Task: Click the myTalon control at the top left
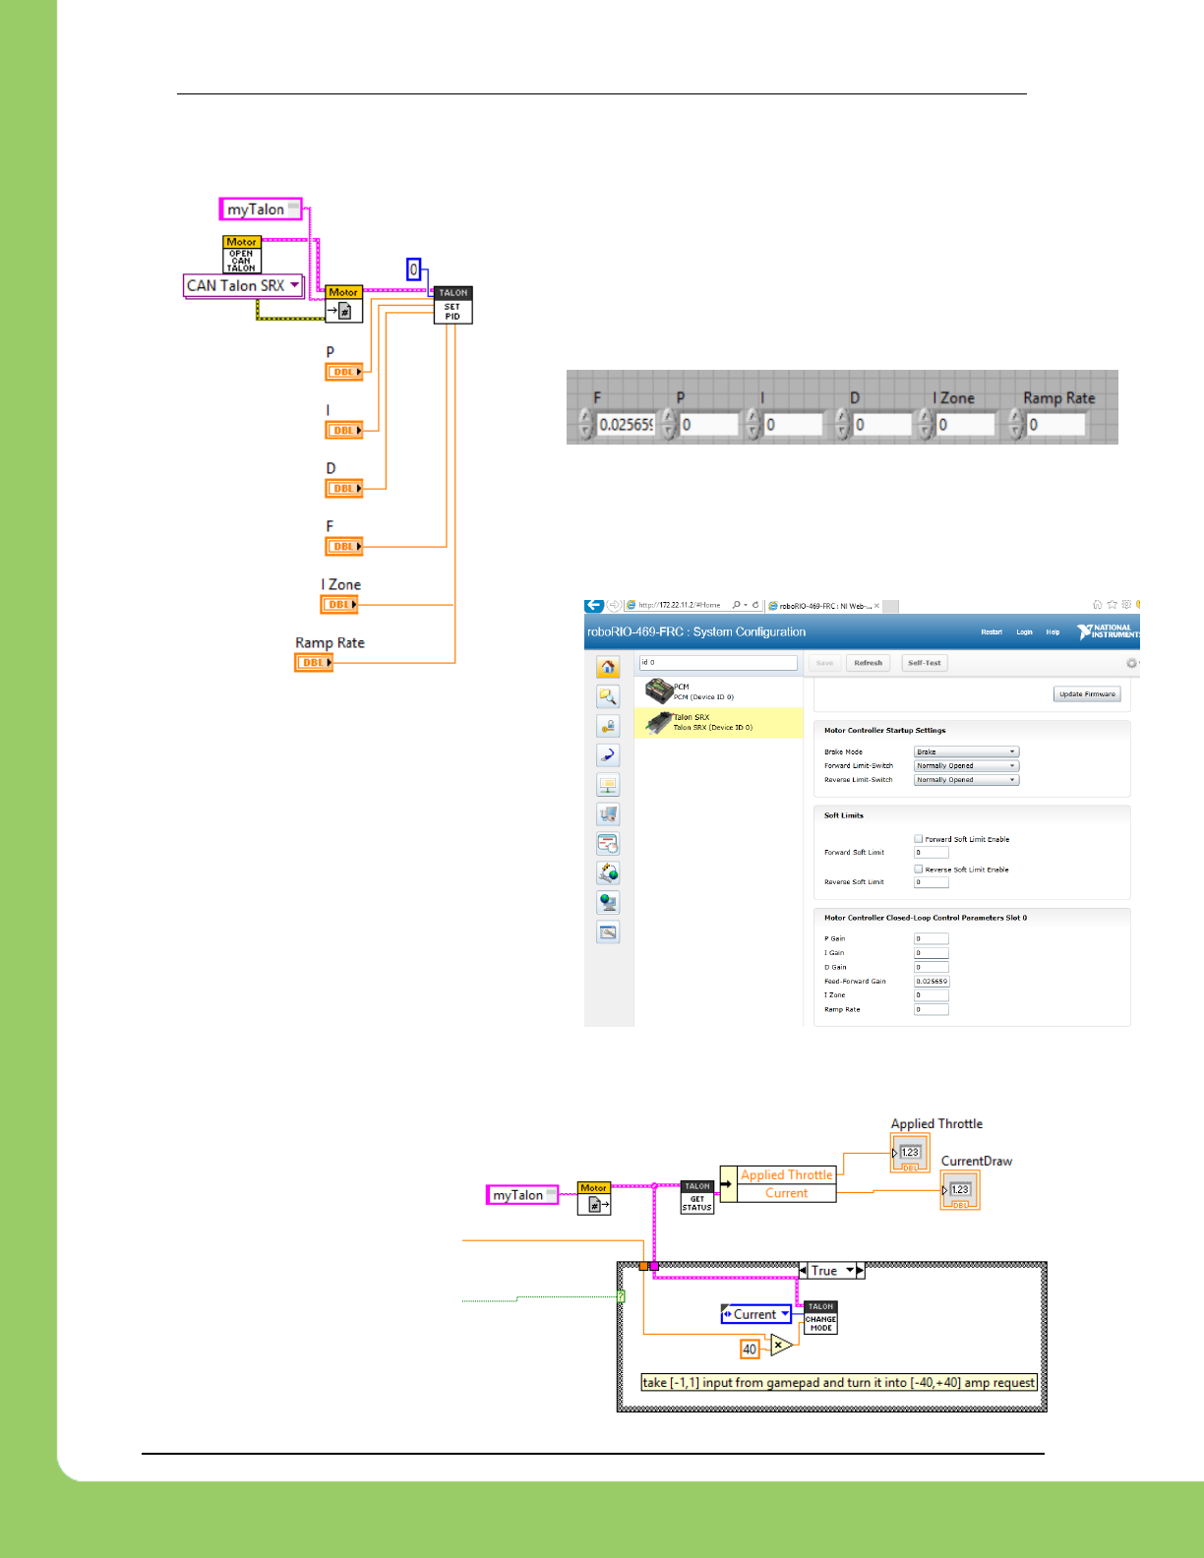tap(259, 210)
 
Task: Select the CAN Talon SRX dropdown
tap(243, 285)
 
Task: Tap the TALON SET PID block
tap(452, 305)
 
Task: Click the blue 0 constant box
tap(414, 270)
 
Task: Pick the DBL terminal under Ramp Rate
tap(314, 663)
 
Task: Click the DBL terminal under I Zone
tap(339, 605)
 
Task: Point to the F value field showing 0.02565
tap(626, 425)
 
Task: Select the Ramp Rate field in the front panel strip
tap(1055, 425)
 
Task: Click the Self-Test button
tap(924, 663)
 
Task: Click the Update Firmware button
tap(1087, 694)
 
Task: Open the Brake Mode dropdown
tap(966, 751)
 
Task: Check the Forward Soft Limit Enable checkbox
tap(918, 839)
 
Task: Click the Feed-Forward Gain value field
tap(931, 982)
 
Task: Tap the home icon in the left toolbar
tap(608, 668)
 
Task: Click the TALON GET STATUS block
tap(697, 1197)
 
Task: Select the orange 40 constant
tap(750, 1349)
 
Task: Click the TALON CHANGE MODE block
tap(820, 1318)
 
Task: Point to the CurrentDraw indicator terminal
tap(960, 1191)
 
